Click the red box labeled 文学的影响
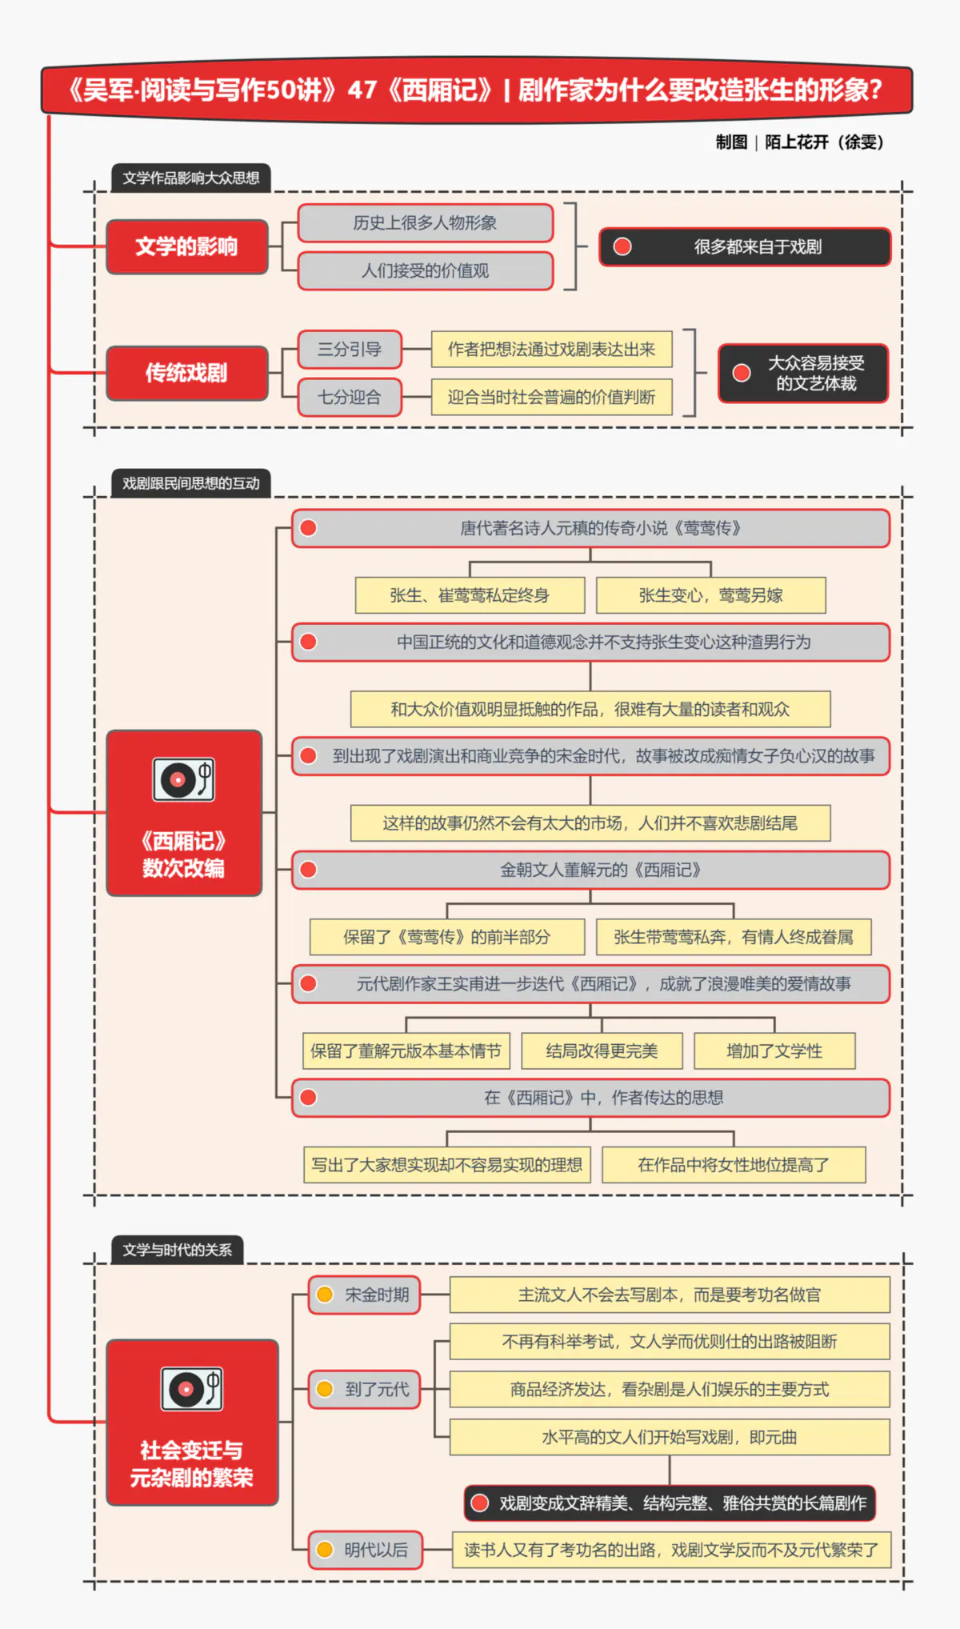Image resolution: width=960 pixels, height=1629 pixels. click(186, 246)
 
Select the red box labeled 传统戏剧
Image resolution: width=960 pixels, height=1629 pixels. click(186, 373)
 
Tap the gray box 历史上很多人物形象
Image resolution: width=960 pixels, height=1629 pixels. click(425, 223)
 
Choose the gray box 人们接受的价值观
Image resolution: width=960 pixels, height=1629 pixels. click(425, 270)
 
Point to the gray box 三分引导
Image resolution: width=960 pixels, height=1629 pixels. click(350, 350)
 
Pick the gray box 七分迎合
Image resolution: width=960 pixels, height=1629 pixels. click(350, 397)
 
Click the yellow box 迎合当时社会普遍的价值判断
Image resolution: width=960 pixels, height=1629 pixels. click(551, 397)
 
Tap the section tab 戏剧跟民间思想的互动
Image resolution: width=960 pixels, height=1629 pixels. click(190, 483)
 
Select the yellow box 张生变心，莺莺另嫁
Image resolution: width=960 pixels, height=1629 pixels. click(710, 595)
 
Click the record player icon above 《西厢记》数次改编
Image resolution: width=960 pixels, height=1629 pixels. click(183, 779)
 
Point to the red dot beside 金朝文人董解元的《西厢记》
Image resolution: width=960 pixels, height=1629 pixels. click(308, 870)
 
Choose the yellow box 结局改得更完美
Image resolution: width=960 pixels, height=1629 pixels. click(602, 1051)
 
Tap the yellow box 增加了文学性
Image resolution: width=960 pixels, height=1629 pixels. click(774, 1051)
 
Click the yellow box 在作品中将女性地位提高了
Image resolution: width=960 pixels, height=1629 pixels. click(733, 1165)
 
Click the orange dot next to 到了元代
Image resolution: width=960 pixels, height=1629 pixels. click(325, 1389)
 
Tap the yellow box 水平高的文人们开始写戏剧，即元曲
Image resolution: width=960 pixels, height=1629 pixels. click(670, 1437)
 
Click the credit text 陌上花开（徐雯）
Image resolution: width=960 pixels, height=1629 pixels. click(824, 142)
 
